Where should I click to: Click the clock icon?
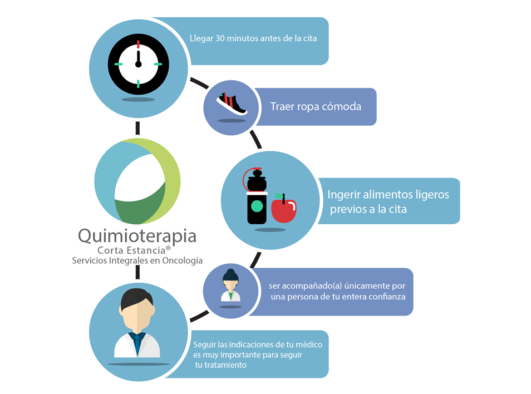click(138, 64)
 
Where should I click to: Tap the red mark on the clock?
click(138, 44)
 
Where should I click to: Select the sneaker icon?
click(232, 104)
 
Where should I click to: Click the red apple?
click(284, 209)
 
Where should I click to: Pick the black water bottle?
click(257, 196)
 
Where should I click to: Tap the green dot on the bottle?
click(257, 206)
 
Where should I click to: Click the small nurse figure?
click(230, 285)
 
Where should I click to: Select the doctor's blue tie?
click(137, 343)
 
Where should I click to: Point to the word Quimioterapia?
click(137, 236)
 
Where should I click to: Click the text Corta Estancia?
click(131, 250)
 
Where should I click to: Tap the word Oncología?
click(182, 260)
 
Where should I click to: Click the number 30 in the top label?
click(220, 38)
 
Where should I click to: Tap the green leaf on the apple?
click(279, 196)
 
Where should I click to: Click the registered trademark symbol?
click(168, 248)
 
